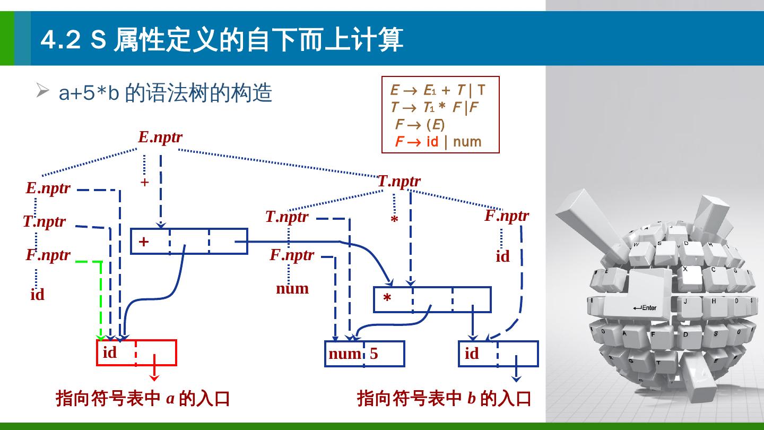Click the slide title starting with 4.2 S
click(222, 40)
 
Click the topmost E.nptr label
click(160, 137)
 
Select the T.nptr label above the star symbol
click(399, 181)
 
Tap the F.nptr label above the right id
click(507, 216)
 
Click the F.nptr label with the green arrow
click(48, 255)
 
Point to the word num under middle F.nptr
click(292, 288)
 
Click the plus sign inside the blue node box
click(143, 242)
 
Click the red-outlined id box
click(136, 353)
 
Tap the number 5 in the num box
click(374, 354)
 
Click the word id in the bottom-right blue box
click(472, 354)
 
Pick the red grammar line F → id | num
click(438, 142)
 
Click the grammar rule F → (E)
click(420, 125)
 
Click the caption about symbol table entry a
click(143, 398)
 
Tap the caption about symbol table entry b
click(444, 398)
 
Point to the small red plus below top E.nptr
click(144, 182)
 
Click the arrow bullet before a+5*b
click(42, 91)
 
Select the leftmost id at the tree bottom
click(37, 295)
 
